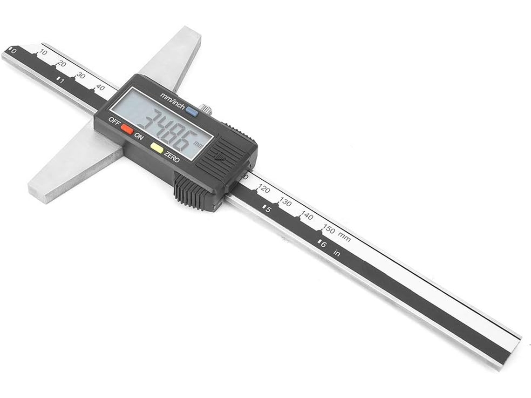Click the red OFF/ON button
tap(127, 129)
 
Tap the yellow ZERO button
tap(157, 148)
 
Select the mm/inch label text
tap(172, 101)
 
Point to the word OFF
tap(114, 121)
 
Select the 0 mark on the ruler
tap(13, 51)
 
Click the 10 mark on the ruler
tap(43, 52)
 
